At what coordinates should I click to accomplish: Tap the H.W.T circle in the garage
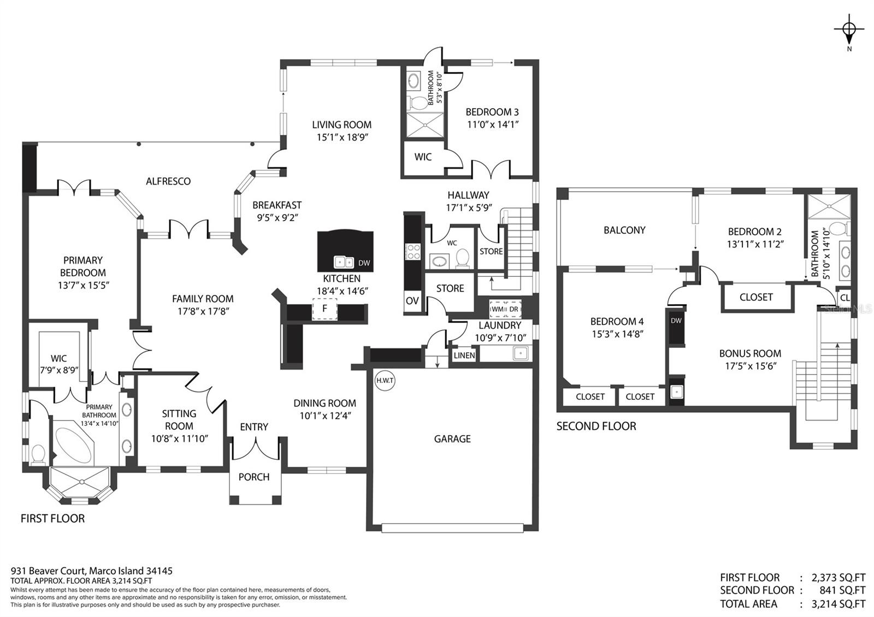pyautogui.click(x=385, y=380)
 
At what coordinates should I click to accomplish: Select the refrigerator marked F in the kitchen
pyautogui.click(x=324, y=309)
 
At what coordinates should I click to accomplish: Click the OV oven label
pyautogui.click(x=412, y=301)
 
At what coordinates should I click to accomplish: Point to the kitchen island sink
pyautogui.click(x=344, y=262)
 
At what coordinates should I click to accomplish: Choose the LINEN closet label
pyautogui.click(x=464, y=355)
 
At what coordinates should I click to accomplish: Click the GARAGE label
pyautogui.click(x=452, y=439)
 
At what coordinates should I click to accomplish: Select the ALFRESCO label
pyautogui.click(x=168, y=181)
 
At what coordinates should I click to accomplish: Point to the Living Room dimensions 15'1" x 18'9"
pyautogui.click(x=342, y=137)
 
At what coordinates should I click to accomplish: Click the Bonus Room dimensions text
pyautogui.click(x=751, y=366)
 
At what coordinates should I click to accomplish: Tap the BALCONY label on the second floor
pyautogui.click(x=624, y=230)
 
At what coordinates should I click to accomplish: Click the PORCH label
pyautogui.click(x=254, y=477)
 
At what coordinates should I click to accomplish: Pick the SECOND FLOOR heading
pyautogui.click(x=596, y=426)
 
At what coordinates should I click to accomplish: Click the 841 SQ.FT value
pyautogui.click(x=842, y=590)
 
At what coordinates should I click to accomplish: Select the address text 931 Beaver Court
pyautogui.click(x=47, y=571)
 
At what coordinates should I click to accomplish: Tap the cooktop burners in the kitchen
pyautogui.click(x=413, y=252)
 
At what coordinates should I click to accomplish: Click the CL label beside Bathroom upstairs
pyautogui.click(x=845, y=298)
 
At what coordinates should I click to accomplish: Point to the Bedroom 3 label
pyautogui.click(x=492, y=112)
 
